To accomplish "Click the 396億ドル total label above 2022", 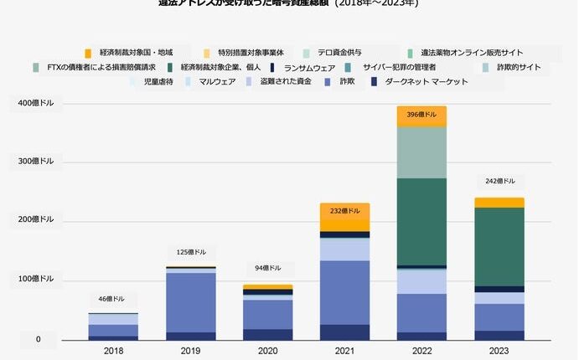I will (421, 115).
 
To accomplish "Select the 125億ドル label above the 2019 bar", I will (190, 252).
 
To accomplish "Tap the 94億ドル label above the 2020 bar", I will (267, 269).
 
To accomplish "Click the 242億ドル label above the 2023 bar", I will (499, 181).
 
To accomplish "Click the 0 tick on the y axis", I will (38, 339).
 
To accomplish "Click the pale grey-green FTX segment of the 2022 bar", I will (421, 152).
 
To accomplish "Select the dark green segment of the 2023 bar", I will (499, 246).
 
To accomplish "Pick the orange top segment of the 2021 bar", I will (344, 217).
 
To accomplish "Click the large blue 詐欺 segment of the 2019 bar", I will (190, 302).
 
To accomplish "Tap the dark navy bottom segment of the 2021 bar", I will (344, 332).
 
